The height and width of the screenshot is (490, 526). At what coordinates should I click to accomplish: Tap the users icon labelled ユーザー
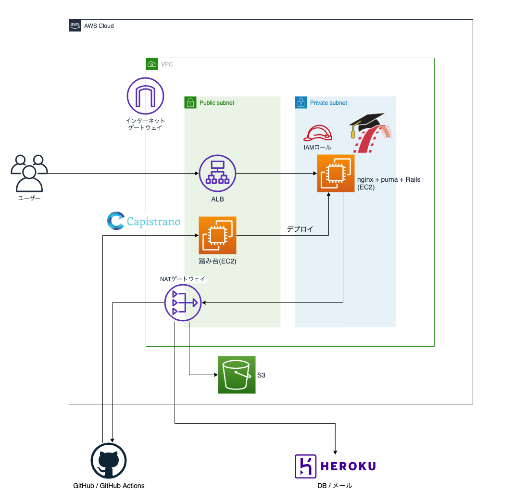click(29, 173)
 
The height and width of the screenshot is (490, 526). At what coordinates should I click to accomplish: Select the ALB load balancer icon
click(217, 173)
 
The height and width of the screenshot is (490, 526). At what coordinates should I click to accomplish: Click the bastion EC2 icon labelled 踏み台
click(217, 235)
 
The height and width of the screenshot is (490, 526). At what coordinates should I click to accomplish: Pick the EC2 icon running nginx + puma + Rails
click(336, 173)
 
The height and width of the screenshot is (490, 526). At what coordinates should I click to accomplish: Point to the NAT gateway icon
click(183, 302)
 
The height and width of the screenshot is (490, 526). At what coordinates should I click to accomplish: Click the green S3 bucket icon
click(237, 375)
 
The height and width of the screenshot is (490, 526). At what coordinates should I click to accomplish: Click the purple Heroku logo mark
click(305, 466)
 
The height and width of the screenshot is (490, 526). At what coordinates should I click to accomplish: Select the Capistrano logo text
click(153, 222)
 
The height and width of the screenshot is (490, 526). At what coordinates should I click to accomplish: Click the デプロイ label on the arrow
click(300, 229)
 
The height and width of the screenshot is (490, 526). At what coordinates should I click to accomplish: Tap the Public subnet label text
click(217, 103)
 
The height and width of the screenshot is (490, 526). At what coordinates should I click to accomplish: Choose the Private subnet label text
click(328, 103)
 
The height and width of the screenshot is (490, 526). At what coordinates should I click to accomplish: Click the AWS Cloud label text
click(99, 26)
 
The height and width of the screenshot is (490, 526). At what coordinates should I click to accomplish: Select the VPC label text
click(167, 64)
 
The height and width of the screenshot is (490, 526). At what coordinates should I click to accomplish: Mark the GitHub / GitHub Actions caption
click(109, 485)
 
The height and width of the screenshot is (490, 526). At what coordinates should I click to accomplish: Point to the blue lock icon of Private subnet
click(301, 102)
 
